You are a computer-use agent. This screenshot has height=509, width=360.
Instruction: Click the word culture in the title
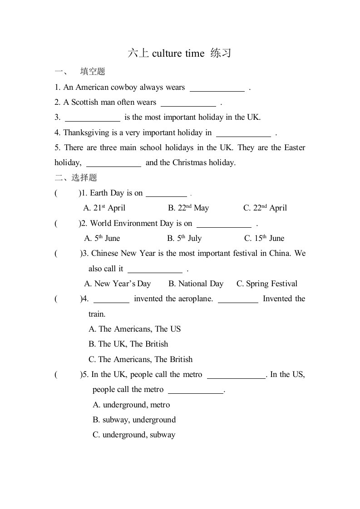pos(167,54)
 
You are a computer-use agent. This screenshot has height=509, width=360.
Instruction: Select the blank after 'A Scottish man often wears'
pos(188,103)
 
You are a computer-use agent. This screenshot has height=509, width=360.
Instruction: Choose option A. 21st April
pos(104,208)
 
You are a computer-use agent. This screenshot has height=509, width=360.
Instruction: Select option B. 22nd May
pos(188,208)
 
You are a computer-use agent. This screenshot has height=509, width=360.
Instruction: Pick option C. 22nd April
pos(265,208)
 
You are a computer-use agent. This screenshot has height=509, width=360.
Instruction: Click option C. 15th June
pos(264,238)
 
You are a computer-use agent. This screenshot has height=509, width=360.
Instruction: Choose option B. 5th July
pos(184,238)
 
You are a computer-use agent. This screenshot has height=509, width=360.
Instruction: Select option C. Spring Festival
pos(267,284)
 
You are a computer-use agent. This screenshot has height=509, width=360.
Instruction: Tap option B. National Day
pos(196,284)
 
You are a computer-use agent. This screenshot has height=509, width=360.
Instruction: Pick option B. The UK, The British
pos(128,344)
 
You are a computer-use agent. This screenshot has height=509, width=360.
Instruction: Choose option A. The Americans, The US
pos(135,329)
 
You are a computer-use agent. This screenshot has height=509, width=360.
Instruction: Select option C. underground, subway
pos(134,435)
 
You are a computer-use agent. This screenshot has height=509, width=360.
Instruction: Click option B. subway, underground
pos(134,420)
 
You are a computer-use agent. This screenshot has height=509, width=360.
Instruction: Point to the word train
pos(97,314)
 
